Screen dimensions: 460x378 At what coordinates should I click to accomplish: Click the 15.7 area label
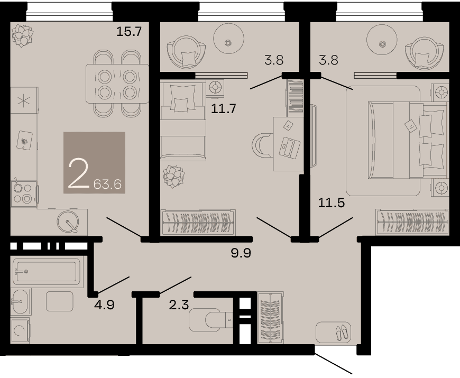click(129, 31)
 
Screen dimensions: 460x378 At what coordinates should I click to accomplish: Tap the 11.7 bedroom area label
click(224, 109)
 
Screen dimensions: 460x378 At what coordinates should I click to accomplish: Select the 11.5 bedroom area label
click(331, 202)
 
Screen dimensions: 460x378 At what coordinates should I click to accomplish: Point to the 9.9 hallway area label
click(241, 253)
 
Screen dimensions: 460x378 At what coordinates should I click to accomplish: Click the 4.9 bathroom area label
click(104, 305)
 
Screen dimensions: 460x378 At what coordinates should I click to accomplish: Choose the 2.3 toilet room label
click(179, 305)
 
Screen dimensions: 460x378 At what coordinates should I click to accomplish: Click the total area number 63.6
click(107, 185)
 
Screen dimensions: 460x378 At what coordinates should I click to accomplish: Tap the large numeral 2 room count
click(78, 173)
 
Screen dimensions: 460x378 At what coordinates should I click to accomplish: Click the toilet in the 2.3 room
click(210, 319)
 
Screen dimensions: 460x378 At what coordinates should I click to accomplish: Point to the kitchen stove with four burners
click(24, 192)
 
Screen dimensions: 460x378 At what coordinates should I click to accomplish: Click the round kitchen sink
click(68, 222)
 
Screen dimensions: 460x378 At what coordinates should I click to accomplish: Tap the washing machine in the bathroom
click(20, 330)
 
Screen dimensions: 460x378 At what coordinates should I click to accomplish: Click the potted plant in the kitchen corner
click(22, 35)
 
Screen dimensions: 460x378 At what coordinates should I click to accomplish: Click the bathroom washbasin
click(20, 301)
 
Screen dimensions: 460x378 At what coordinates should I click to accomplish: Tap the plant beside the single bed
click(173, 176)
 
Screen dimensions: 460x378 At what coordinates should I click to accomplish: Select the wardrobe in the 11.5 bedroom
click(412, 222)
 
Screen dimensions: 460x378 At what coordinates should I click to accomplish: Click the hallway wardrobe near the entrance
click(271, 318)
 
